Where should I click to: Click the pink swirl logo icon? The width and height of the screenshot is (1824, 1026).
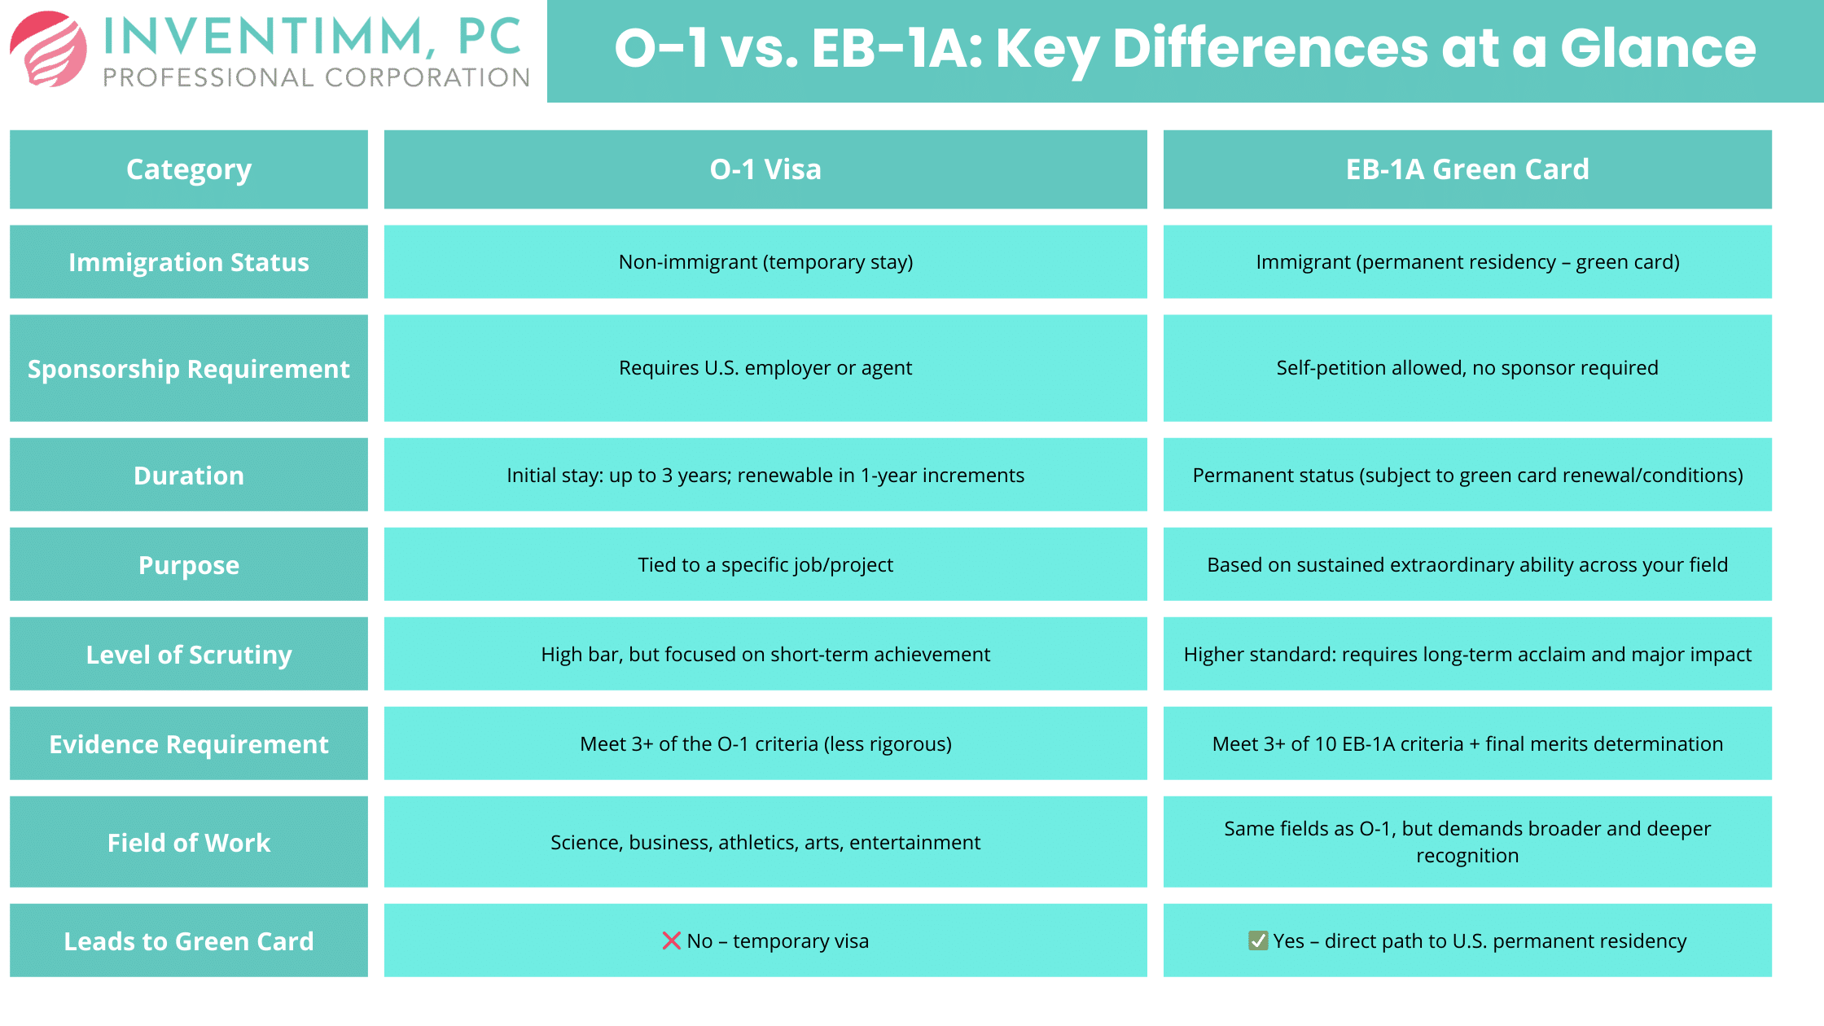pos(49,49)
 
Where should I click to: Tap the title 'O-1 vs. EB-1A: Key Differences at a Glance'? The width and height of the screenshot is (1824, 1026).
pos(1185,49)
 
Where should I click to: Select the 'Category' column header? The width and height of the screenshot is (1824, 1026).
pos(189,169)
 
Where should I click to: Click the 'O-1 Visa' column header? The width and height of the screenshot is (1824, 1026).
pos(765,169)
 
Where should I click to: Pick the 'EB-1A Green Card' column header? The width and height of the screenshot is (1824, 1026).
pos(1467,169)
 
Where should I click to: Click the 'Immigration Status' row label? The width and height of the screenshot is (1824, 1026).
pos(189,262)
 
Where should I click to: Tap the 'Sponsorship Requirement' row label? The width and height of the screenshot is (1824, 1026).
pos(189,368)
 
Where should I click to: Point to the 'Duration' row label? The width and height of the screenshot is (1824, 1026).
pos(189,475)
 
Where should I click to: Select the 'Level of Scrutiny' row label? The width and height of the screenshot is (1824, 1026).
pos(189,654)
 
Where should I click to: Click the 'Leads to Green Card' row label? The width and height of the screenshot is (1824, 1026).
pos(189,940)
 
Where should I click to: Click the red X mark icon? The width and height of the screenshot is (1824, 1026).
pos(672,940)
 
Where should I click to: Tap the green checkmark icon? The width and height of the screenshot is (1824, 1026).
pos(1258,940)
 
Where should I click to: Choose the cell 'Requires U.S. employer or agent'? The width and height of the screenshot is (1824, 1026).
pos(765,368)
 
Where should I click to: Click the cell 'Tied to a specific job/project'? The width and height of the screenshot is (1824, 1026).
pos(765,564)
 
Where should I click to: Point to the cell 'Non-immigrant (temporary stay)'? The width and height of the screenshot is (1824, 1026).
pos(765,262)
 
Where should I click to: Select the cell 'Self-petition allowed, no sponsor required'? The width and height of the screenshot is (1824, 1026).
pos(1467,368)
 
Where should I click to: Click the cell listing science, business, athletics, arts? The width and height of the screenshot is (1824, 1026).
pos(765,842)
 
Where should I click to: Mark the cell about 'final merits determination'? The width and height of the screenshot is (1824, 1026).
pos(1467,743)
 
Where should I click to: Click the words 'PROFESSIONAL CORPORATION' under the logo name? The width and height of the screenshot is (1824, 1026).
pos(317,77)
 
